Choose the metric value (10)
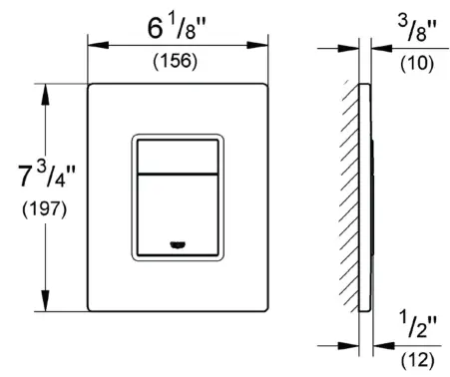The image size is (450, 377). click(409, 61)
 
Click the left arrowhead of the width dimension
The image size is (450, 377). click(94, 43)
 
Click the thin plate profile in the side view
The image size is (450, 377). click(362, 199)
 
